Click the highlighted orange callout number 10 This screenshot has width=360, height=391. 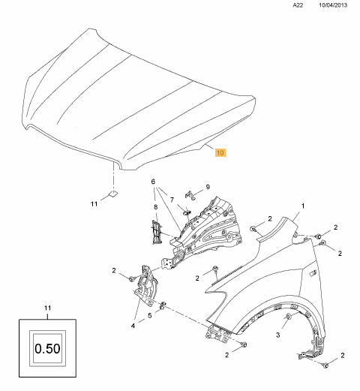(x=220, y=152)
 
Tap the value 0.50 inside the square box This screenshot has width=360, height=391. (x=47, y=348)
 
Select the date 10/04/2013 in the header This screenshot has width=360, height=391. (x=333, y=5)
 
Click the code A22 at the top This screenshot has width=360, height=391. (x=298, y=5)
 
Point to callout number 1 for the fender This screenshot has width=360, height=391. (x=303, y=206)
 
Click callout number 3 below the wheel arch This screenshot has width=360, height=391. (x=277, y=335)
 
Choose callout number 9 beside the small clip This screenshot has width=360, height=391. (x=208, y=187)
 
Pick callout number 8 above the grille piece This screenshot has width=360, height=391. (x=156, y=207)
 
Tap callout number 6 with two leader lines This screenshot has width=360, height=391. (x=153, y=182)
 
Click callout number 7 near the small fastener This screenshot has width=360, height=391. (x=172, y=200)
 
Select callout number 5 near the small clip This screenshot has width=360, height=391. (x=149, y=315)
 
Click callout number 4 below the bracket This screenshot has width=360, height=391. (x=133, y=326)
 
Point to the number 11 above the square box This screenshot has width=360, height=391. (x=47, y=308)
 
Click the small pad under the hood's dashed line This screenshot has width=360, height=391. (x=113, y=194)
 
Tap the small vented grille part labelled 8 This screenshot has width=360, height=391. (x=156, y=232)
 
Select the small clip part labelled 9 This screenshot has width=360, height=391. (x=190, y=195)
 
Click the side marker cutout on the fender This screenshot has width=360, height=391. (x=313, y=273)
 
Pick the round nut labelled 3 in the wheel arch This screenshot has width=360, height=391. (x=288, y=317)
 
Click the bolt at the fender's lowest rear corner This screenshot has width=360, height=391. (x=325, y=365)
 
